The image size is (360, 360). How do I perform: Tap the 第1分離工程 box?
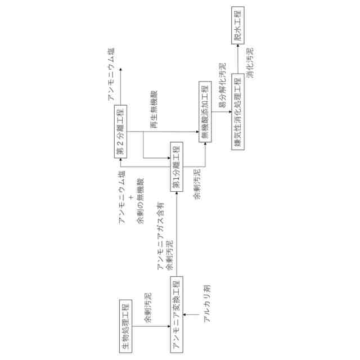point(176,167)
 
